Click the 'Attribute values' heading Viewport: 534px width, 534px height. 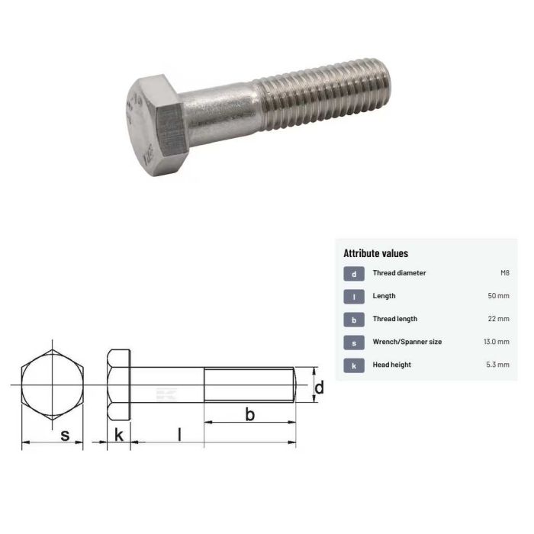coord(375,253)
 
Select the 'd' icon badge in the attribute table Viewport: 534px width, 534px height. coord(353,273)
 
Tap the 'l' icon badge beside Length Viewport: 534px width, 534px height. coord(353,296)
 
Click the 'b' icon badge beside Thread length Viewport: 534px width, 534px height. coord(353,319)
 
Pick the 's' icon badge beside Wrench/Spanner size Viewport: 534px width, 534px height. coord(353,342)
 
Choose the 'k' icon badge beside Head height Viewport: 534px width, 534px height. coord(353,365)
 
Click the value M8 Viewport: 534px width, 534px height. coord(504,273)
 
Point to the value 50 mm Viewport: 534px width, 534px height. coord(498,296)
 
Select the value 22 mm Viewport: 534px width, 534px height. coord(498,319)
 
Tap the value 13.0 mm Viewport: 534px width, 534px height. coord(496,342)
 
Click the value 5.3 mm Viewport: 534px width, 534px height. coord(497,365)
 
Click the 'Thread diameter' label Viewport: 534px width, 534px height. coord(399,273)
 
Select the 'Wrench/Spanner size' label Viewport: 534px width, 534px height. coord(407,342)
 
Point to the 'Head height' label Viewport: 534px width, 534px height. coord(391,365)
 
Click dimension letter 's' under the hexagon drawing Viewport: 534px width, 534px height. coord(65,436)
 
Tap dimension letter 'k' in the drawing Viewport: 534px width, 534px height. coord(118,436)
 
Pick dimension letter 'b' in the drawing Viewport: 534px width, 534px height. coord(249,415)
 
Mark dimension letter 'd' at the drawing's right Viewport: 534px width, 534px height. coord(319,388)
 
